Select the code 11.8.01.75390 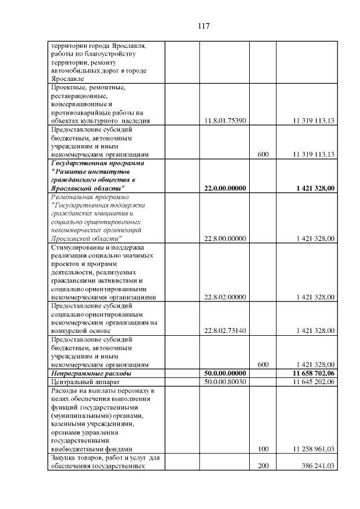225,120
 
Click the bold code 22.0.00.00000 225,188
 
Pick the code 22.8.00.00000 225,238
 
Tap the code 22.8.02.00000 225,297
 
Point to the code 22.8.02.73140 225,331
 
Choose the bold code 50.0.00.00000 225,373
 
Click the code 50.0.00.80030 225,382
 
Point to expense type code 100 263,449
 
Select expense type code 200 263,466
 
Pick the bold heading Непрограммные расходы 91,373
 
